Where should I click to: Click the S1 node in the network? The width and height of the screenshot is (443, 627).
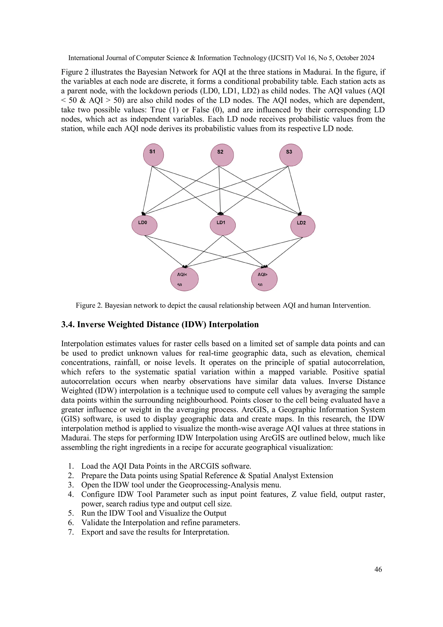point(153,155)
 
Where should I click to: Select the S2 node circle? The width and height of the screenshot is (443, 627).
point(222,155)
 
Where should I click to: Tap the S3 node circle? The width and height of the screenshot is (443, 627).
point(291,155)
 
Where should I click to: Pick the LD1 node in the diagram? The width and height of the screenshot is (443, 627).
point(222,225)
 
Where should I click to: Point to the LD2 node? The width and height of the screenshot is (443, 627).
point(302,226)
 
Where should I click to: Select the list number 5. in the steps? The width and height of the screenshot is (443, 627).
point(71,513)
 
